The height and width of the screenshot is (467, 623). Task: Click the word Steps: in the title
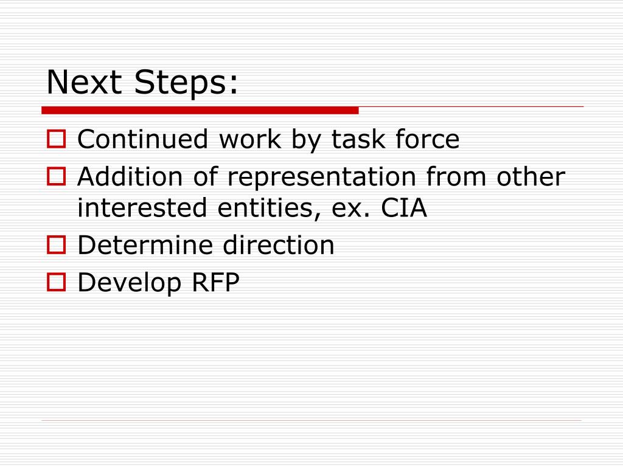[x=187, y=83]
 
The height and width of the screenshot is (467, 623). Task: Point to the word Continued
[x=143, y=140]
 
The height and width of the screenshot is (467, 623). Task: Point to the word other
[x=531, y=178]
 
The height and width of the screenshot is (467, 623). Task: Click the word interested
[x=143, y=209]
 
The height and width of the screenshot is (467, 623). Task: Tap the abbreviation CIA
[x=404, y=209]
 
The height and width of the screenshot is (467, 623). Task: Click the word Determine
[x=145, y=246]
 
